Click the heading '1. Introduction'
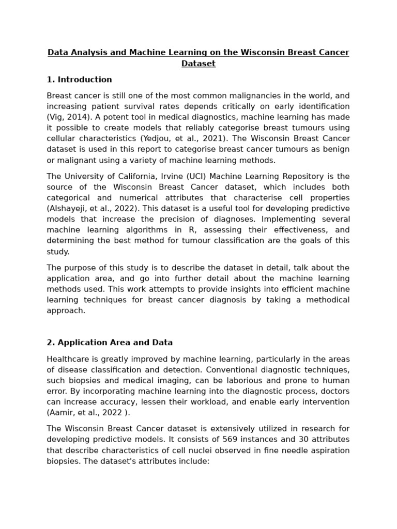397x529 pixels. pyautogui.click(x=79, y=80)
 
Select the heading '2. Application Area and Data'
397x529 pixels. pyautogui.click(x=110, y=343)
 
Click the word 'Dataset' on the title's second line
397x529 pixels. pyautogui.click(x=198, y=64)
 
